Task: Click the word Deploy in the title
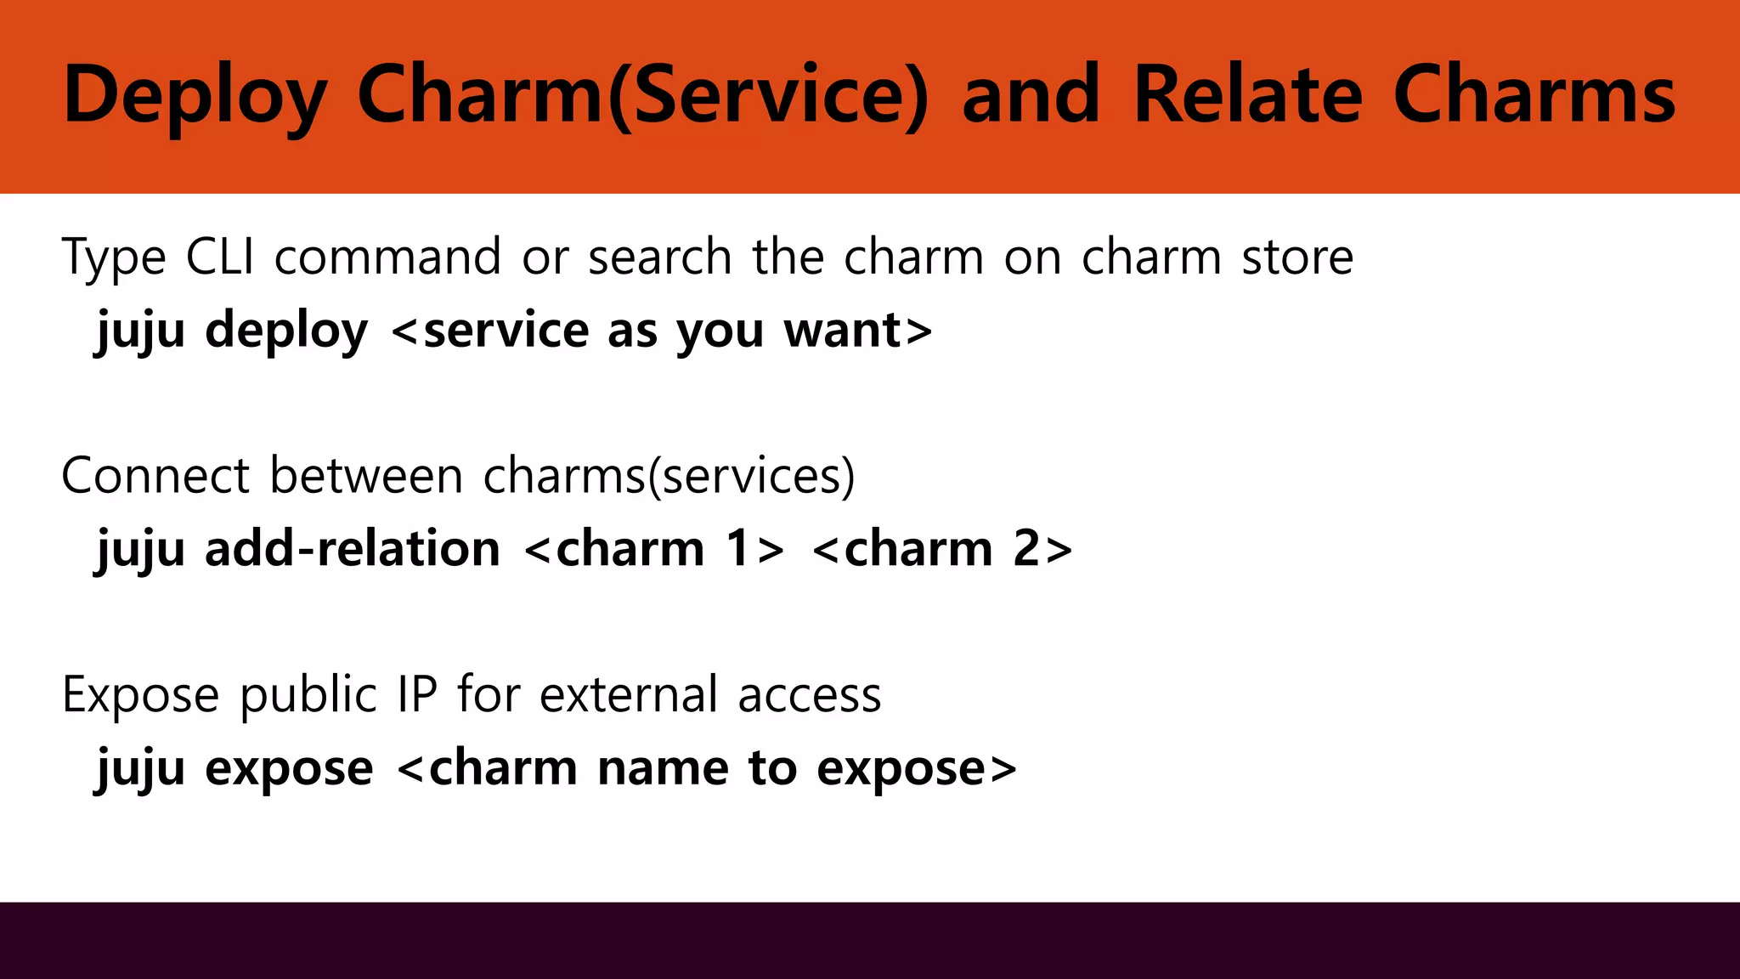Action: pos(195,95)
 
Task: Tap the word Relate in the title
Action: pos(1248,95)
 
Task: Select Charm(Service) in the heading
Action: pos(643,95)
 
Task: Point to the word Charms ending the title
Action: pos(1534,95)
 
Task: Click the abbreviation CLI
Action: pos(220,257)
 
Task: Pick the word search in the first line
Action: pos(659,257)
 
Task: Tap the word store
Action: pos(1297,257)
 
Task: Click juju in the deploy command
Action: pos(141,330)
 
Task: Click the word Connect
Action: pos(155,475)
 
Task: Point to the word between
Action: pos(366,475)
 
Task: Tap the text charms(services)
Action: pos(669,475)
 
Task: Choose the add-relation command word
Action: pos(353,548)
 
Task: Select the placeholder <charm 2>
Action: pos(942,548)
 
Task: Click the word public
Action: pos(308,694)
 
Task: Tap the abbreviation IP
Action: pos(417,694)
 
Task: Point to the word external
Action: pos(629,694)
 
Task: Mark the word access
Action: pos(810,694)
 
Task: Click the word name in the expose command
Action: pos(663,767)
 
